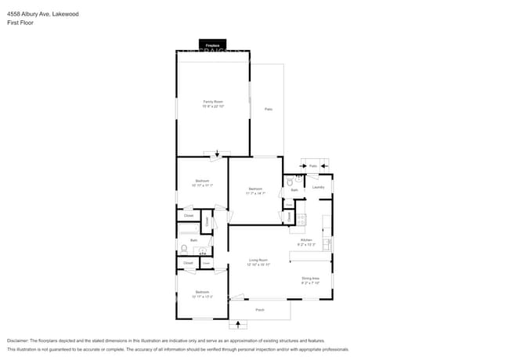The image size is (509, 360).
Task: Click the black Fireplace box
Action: point(212,45)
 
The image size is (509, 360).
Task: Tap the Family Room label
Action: point(213,103)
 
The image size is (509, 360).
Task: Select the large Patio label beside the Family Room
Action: point(268,109)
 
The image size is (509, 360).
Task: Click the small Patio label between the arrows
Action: point(312,166)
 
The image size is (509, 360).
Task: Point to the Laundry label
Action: point(319,187)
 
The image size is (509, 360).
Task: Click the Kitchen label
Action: point(307,240)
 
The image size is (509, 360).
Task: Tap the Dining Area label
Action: point(311,279)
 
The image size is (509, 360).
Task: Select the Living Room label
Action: point(258,261)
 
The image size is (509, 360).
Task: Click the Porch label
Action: point(259,310)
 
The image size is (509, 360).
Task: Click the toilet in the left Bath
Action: point(184,249)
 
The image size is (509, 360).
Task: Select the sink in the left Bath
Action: point(203,251)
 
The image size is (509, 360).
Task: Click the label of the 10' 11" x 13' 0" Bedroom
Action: point(202,293)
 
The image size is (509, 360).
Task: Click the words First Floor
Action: point(20,23)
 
